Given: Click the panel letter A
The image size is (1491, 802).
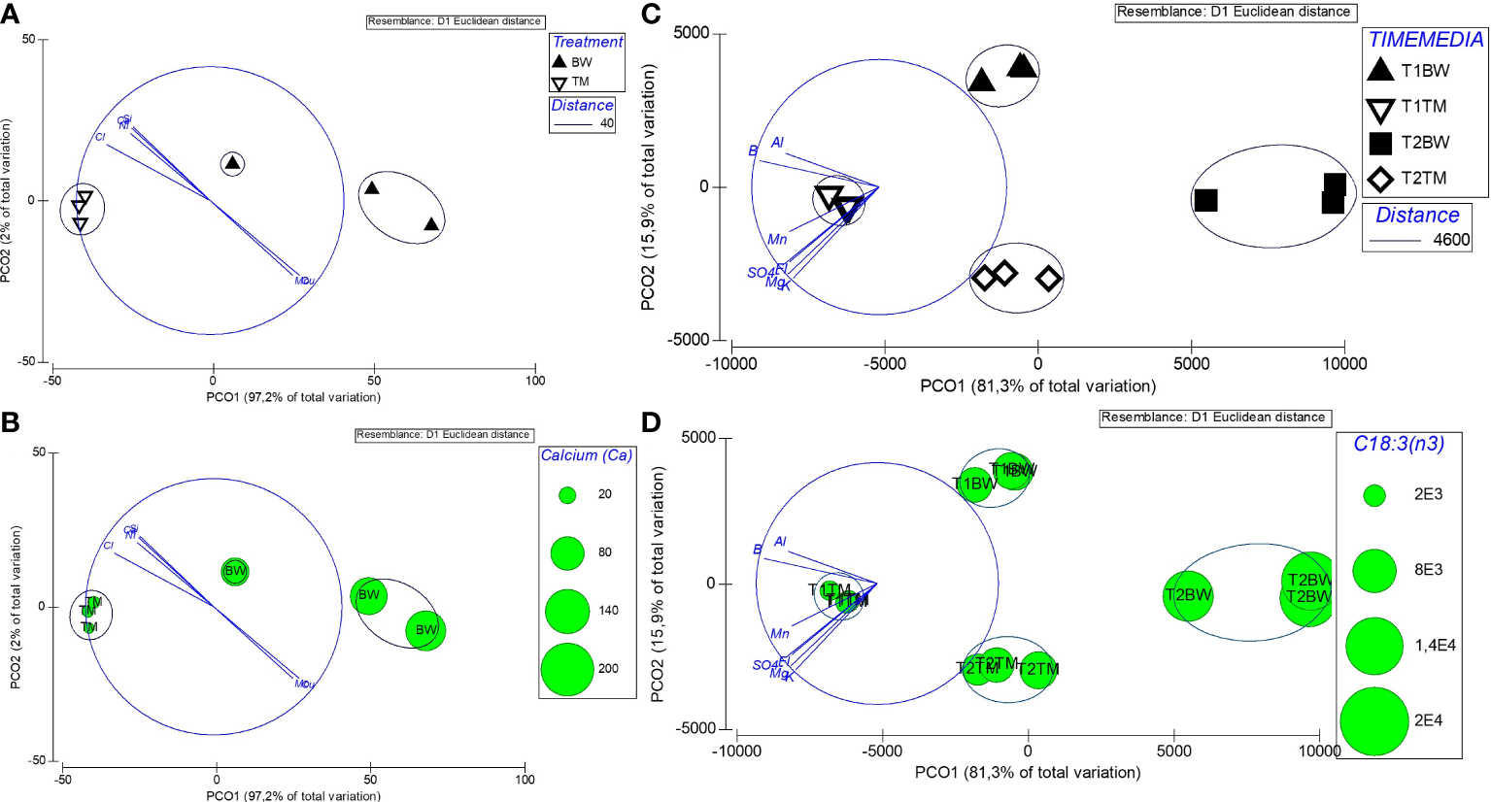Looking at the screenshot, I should pyautogui.click(x=11, y=15).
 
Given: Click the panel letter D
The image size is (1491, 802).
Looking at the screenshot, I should pyautogui.click(x=651, y=422).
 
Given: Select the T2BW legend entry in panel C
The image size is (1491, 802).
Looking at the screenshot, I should pyautogui.click(x=1425, y=143).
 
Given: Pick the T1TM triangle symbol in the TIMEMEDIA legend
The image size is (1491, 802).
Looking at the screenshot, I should pyautogui.click(x=1379, y=108).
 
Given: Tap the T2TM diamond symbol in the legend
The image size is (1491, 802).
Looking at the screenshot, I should pyautogui.click(x=1379, y=180).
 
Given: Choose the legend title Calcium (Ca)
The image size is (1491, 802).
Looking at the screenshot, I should pyautogui.click(x=586, y=455).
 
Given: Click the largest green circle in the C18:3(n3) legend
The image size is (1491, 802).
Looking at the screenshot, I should pyautogui.click(x=1374, y=720).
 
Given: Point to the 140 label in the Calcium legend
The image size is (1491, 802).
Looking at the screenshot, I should pyautogui.click(x=608, y=611).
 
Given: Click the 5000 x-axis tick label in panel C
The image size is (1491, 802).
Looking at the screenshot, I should pyautogui.click(x=1191, y=364).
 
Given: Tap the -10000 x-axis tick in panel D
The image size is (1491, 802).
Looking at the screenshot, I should pyautogui.click(x=736, y=751).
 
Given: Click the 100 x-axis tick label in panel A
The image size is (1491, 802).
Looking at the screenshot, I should pyautogui.click(x=535, y=381).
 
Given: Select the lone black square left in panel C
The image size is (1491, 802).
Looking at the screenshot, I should pyautogui.click(x=1205, y=200).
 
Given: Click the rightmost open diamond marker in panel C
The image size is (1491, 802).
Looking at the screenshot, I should pyautogui.click(x=1048, y=280).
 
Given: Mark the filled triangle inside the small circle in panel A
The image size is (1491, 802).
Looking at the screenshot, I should pyautogui.click(x=232, y=162).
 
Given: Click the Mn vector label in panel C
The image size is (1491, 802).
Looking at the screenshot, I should pyautogui.click(x=777, y=240).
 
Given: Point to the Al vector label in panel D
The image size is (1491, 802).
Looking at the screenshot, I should pyautogui.click(x=780, y=542).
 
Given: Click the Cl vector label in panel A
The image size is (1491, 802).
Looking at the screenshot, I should pyautogui.click(x=100, y=138).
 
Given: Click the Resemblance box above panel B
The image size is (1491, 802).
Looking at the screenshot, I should pyautogui.click(x=444, y=435).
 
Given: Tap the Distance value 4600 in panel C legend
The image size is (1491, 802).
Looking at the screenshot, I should pyautogui.click(x=1451, y=240).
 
